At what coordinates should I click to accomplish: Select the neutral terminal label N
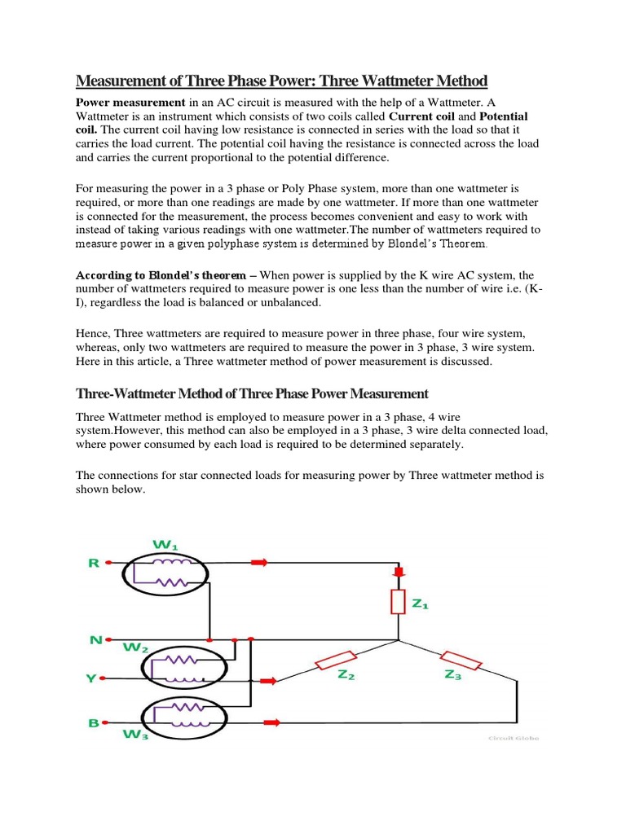click(95, 639)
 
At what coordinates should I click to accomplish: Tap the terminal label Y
click(91, 678)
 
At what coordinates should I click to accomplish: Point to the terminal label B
click(94, 722)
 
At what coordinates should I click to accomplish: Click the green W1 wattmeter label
click(165, 544)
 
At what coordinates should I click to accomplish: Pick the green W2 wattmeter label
click(134, 648)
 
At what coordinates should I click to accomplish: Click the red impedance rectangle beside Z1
click(399, 603)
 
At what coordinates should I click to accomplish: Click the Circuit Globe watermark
click(513, 739)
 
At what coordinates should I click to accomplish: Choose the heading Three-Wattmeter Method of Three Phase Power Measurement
click(252, 393)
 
